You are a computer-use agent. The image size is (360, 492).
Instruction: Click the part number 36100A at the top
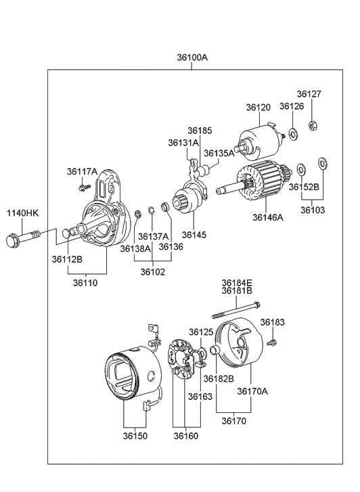pos(192,58)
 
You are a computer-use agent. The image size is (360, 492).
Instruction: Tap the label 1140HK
pos(23,213)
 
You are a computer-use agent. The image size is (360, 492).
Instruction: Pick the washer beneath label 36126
pos(292,134)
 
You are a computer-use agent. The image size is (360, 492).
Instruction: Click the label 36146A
pos(269,217)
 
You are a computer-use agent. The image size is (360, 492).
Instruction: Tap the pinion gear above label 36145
pos(183,201)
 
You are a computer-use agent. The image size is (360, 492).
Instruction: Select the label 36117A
pos(82,171)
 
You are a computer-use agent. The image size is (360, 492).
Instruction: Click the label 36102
pos(153,272)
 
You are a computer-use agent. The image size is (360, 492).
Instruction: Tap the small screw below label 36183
pos(271,344)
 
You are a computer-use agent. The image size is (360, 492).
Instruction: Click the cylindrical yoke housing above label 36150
pos(132,376)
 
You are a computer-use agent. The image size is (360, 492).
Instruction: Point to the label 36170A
pos(252,391)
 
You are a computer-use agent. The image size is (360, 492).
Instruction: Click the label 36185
pos(200,130)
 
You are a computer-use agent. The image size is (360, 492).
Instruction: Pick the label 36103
pos(313,210)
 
